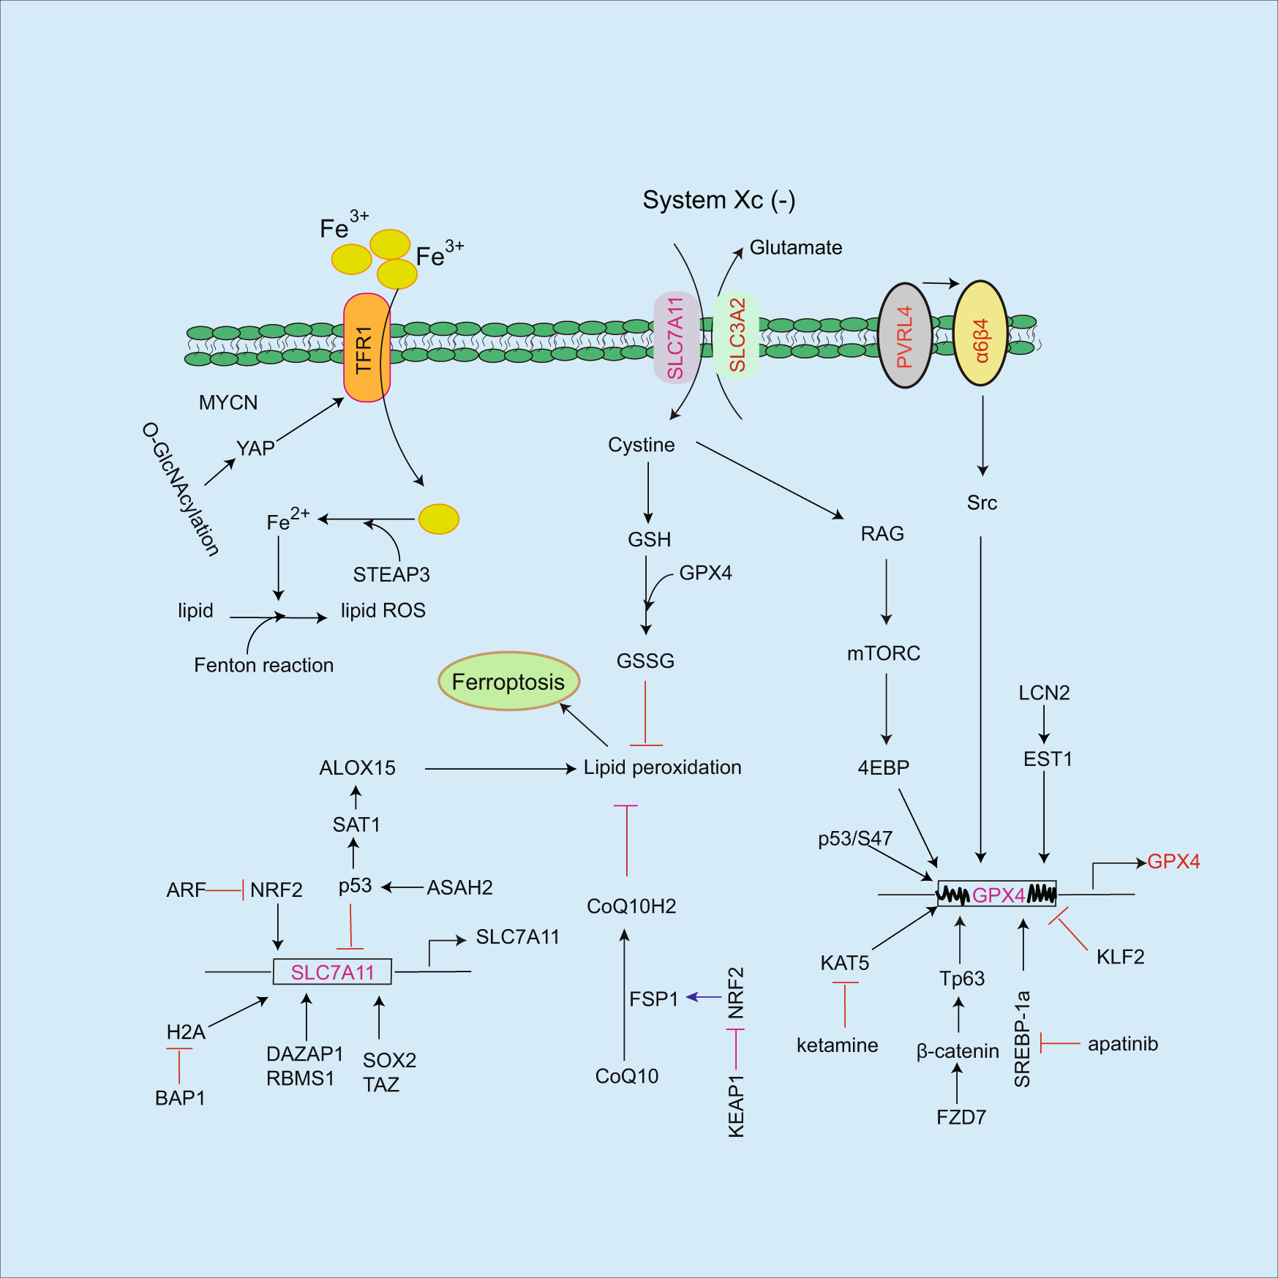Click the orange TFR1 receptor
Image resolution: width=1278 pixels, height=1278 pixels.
coord(367,348)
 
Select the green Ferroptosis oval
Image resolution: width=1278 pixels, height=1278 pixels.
coord(508,682)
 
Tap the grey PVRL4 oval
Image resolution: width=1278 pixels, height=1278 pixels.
coord(905,336)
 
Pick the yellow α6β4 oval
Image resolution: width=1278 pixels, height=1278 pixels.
coord(981,334)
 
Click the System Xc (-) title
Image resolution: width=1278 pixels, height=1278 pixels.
coord(718,200)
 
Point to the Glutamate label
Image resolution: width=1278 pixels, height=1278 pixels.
coord(795,248)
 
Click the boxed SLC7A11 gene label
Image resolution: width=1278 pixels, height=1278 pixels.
coord(332,972)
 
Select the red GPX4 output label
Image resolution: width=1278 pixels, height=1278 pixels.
coord(1173,862)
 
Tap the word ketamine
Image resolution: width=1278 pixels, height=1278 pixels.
coord(837,1045)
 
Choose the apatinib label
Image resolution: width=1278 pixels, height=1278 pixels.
coord(1122,1044)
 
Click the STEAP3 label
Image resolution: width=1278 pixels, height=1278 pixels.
coord(391,575)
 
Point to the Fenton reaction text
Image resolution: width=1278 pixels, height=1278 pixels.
coord(263,665)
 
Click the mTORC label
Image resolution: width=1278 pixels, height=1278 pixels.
coord(884,653)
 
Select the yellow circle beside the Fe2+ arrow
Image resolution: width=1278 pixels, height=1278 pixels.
coord(438,519)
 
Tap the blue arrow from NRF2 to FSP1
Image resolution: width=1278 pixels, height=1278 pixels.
coord(704,997)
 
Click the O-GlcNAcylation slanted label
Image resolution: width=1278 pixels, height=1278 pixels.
coord(181,489)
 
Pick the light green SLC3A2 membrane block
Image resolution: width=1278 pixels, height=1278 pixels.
coord(736,335)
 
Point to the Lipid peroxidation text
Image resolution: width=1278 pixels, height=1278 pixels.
coord(662,767)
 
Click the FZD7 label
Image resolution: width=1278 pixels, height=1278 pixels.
coord(961,1117)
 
